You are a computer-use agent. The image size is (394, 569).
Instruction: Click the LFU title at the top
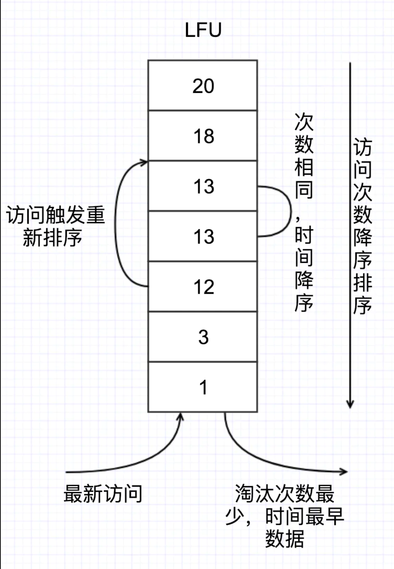(x=203, y=30)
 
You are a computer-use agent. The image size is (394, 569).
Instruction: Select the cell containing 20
(x=203, y=86)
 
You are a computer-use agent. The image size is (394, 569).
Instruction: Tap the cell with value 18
(x=203, y=136)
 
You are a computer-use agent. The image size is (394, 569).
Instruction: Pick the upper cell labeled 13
(x=203, y=186)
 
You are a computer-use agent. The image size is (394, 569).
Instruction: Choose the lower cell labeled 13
(x=203, y=236)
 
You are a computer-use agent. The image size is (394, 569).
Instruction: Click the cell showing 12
(x=203, y=286)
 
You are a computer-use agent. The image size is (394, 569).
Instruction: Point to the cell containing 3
(x=203, y=337)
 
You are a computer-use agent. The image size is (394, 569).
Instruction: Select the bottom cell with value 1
(x=203, y=387)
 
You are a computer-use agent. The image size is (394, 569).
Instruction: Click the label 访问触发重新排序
(x=54, y=226)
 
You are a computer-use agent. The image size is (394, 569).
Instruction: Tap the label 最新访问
(x=103, y=494)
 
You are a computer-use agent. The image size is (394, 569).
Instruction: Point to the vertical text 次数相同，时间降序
(x=304, y=212)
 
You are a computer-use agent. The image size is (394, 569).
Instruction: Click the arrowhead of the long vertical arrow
(x=350, y=404)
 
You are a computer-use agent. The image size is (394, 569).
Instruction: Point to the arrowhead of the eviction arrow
(x=344, y=471)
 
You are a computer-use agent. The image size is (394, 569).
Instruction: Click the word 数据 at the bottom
(x=284, y=539)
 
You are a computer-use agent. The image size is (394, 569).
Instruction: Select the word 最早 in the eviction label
(x=324, y=516)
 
